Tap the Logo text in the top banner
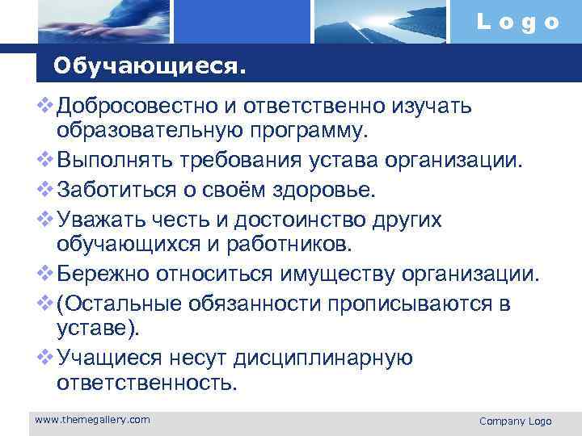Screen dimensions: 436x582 click(x=518, y=22)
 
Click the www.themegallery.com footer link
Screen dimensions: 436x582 click(x=92, y=419)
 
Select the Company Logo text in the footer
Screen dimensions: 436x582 click(x=515, y=421)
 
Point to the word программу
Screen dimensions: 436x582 click(x=306, y=130)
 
